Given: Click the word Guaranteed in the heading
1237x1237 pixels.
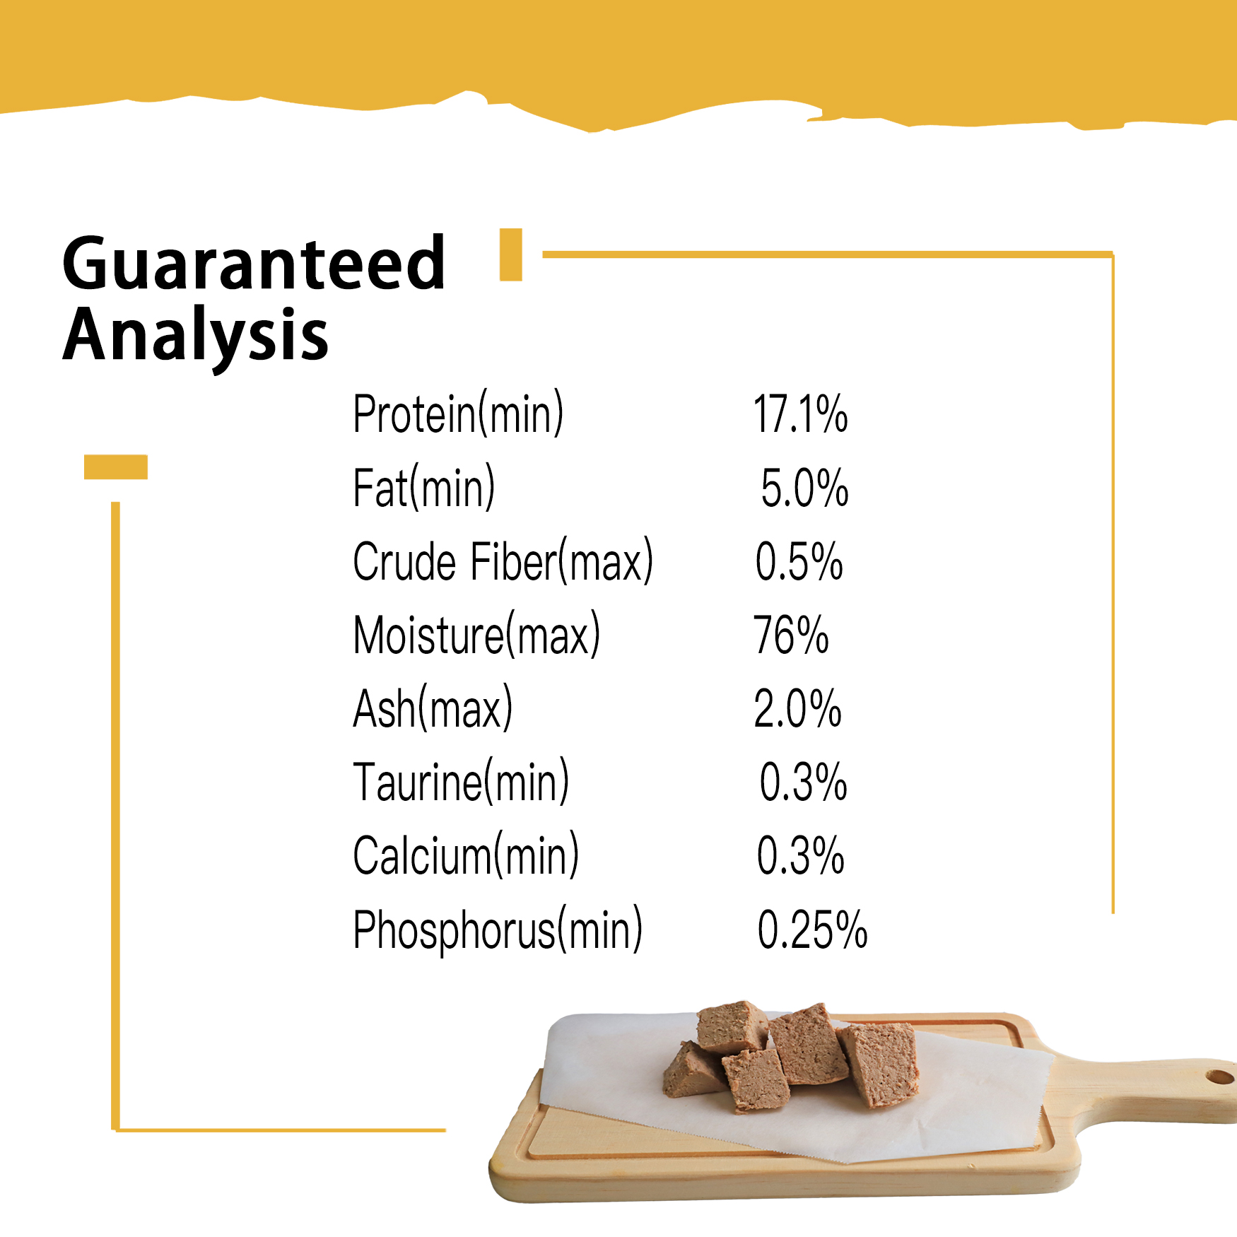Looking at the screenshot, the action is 254,263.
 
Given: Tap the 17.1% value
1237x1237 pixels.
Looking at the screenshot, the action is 800,414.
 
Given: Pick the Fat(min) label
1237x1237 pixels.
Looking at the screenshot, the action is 423,488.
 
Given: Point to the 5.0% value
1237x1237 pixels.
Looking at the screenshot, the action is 804,488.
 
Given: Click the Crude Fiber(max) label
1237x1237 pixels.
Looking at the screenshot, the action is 503,561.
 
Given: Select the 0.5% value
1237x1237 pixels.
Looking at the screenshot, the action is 799,562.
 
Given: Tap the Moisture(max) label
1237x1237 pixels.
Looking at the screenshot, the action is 476,635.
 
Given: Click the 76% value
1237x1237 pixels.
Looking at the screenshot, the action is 790,635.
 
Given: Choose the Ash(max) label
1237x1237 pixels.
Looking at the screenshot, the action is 433,708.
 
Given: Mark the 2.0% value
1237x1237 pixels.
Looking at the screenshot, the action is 797,709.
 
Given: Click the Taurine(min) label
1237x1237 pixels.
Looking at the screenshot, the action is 461,782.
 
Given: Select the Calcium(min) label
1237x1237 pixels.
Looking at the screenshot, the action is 466,856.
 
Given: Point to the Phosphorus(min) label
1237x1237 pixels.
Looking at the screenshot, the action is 498,930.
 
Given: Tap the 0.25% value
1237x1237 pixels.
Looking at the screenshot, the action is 812,930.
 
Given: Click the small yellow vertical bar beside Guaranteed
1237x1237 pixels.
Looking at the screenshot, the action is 510,254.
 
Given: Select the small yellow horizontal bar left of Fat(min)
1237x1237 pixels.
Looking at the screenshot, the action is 116,467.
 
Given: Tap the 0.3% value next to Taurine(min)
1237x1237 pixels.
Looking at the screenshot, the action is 803,782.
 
